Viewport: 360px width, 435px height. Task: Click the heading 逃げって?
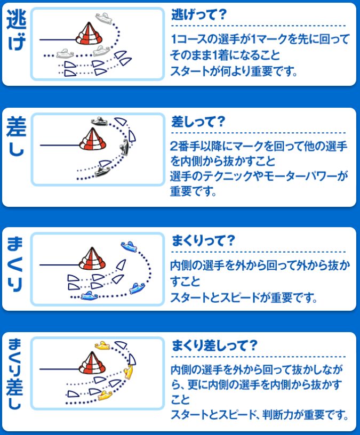point(199,15)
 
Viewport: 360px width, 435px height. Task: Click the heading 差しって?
point(198,122)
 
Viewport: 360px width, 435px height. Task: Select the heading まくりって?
point(203,240)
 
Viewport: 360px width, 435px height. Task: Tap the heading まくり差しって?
point(214,345)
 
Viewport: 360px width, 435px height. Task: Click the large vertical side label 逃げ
point(16,30)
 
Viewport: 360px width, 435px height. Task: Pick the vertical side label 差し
point(16,136)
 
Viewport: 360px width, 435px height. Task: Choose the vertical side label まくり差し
point(15,374)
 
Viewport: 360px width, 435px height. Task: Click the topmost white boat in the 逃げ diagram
point(104,18)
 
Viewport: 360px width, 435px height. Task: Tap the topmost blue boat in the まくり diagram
point(129,246)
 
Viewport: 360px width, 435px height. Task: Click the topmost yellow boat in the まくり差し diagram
point(102,345)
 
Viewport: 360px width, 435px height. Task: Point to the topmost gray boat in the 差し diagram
point(99,121)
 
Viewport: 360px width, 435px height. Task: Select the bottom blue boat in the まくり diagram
point(90,296)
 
